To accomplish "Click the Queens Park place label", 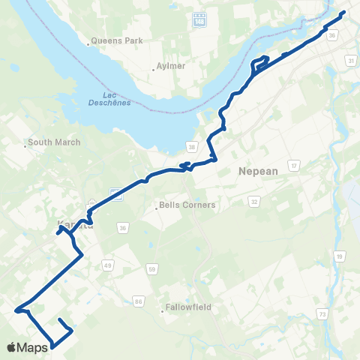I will click(111, 42).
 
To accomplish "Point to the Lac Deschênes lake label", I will click(114, 98).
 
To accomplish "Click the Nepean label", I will click(258, 171).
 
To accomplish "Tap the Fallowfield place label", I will click(189, 307).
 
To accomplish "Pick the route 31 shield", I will click(350, 60).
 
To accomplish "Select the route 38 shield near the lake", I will click(193, 145).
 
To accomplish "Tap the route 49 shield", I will click(108, 265).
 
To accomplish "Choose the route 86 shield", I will click(138, 301).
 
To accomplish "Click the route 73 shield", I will click(322, 314).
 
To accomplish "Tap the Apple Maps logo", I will click(27, 347).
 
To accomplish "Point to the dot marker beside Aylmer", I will click(154, 70).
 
